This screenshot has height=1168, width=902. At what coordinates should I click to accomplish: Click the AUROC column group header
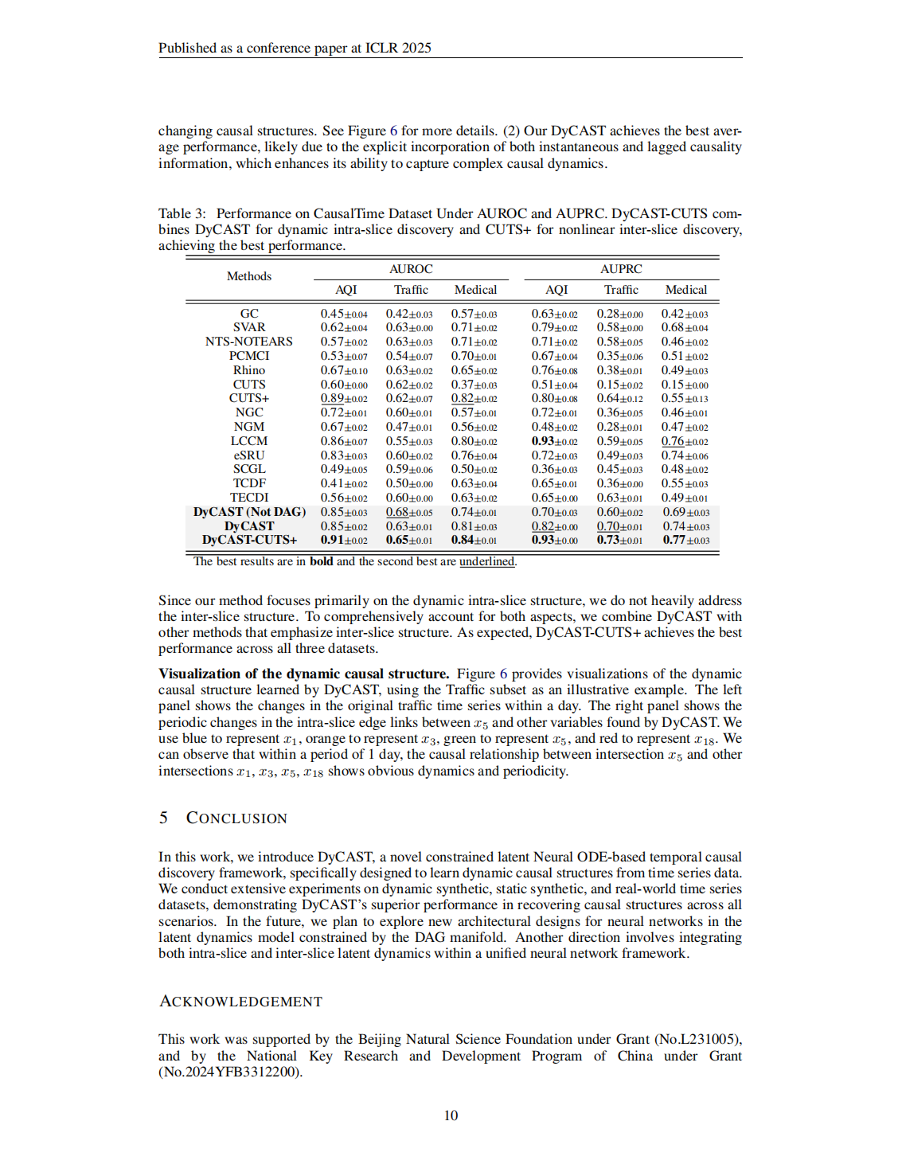coord(411,269)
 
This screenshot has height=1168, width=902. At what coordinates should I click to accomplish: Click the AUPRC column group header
coord(621,269)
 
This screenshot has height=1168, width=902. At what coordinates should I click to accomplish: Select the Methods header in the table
coord(249,276)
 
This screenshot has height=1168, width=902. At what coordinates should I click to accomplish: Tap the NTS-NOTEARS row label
coord(249,342)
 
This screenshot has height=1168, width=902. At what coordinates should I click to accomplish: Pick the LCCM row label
coord(249,441)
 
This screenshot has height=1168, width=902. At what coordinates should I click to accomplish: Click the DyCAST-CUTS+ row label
coord(249,540)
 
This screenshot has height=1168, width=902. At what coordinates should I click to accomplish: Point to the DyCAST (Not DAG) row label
coord(249,512)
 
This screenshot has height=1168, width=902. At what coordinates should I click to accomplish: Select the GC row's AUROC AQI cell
coord(344,314)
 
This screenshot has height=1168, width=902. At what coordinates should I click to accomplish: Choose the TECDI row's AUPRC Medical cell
coord(685,498)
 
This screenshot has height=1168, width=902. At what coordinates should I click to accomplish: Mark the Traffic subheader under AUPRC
coord(621,290)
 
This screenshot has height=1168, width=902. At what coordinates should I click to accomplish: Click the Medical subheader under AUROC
coord(475,290)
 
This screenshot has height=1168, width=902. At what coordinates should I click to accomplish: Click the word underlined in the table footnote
coord(486,561)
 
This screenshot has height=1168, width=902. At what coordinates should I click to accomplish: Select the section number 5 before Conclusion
coord(163,818)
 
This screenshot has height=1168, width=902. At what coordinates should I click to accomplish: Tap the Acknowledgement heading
coord(240,1002)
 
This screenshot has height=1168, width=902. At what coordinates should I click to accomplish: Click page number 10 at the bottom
coord(451,1115)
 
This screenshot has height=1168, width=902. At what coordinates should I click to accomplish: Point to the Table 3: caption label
coord(182,213)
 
